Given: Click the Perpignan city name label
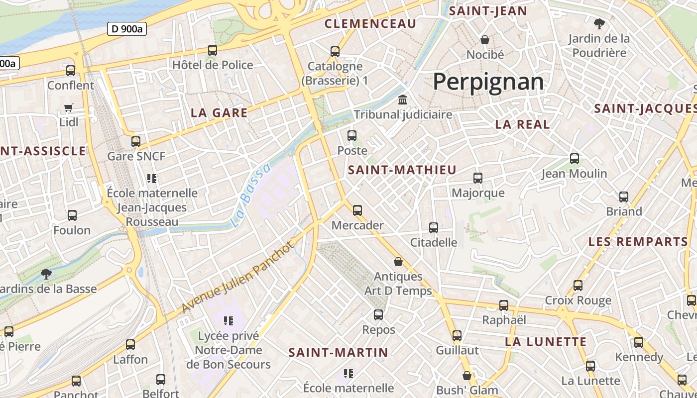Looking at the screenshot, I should click(488, 82).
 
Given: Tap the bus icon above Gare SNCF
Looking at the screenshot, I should click(136, 142).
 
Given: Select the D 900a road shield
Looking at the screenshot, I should click(127, 29).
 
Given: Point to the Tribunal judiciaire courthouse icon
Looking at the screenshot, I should click(402, 100).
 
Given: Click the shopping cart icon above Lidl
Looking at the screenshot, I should click(69, 107).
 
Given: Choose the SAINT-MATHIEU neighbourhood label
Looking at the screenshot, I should click(402, 170).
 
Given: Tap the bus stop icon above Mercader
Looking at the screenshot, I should click(357, 210).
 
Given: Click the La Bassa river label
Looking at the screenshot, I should click(251, 195).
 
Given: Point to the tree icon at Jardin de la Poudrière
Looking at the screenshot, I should click(599, 23).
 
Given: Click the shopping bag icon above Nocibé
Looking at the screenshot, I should click(485, 40).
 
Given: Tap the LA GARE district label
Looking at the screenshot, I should click(219, 113).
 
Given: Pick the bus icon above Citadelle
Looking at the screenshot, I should click(434, 228).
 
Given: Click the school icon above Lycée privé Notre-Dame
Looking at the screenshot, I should click(229, 321).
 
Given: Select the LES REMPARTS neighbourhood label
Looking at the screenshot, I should click(638, 242).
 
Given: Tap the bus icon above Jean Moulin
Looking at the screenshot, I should click(574, 159).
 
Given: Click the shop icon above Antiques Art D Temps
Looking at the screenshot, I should click(398, 262).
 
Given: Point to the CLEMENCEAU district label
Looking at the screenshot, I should click(370, 24).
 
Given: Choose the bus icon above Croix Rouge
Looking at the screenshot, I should click(578, 286).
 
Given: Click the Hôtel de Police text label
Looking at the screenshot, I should click(213, 65).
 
